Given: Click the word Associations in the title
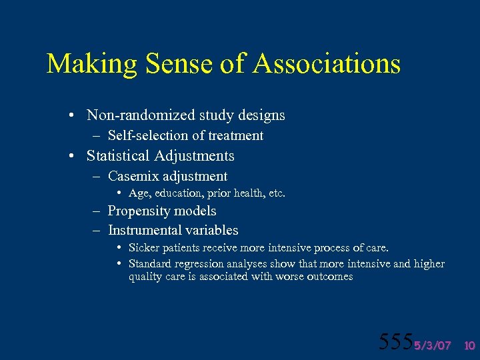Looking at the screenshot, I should (x=326, y=65).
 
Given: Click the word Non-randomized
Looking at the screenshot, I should (x=134, y=115).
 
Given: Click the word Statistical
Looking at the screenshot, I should (x=118, y=156).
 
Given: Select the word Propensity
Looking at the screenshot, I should (x=140, y=211).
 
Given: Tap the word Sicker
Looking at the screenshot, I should (x=143, y=248).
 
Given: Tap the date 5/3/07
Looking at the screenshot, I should (x=432, y=345).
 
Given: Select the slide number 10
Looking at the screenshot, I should (x=469, y=345).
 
